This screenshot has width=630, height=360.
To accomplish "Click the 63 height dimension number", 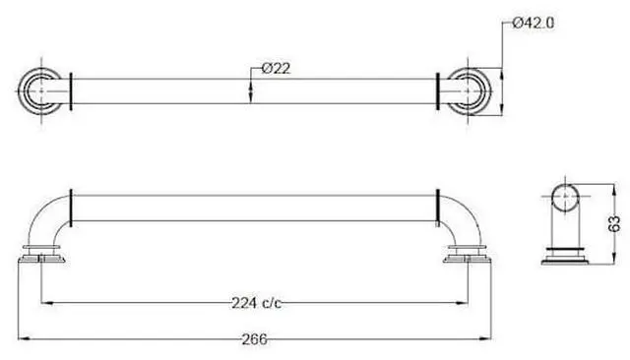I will tap(614, 225).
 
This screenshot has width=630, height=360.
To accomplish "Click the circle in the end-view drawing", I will tap(566, 203).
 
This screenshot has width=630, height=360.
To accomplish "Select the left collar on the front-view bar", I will tap(71, 205).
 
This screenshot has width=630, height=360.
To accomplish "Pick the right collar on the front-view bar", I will tap(437, 205).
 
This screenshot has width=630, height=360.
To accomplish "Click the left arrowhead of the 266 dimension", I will tap(24, 339).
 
